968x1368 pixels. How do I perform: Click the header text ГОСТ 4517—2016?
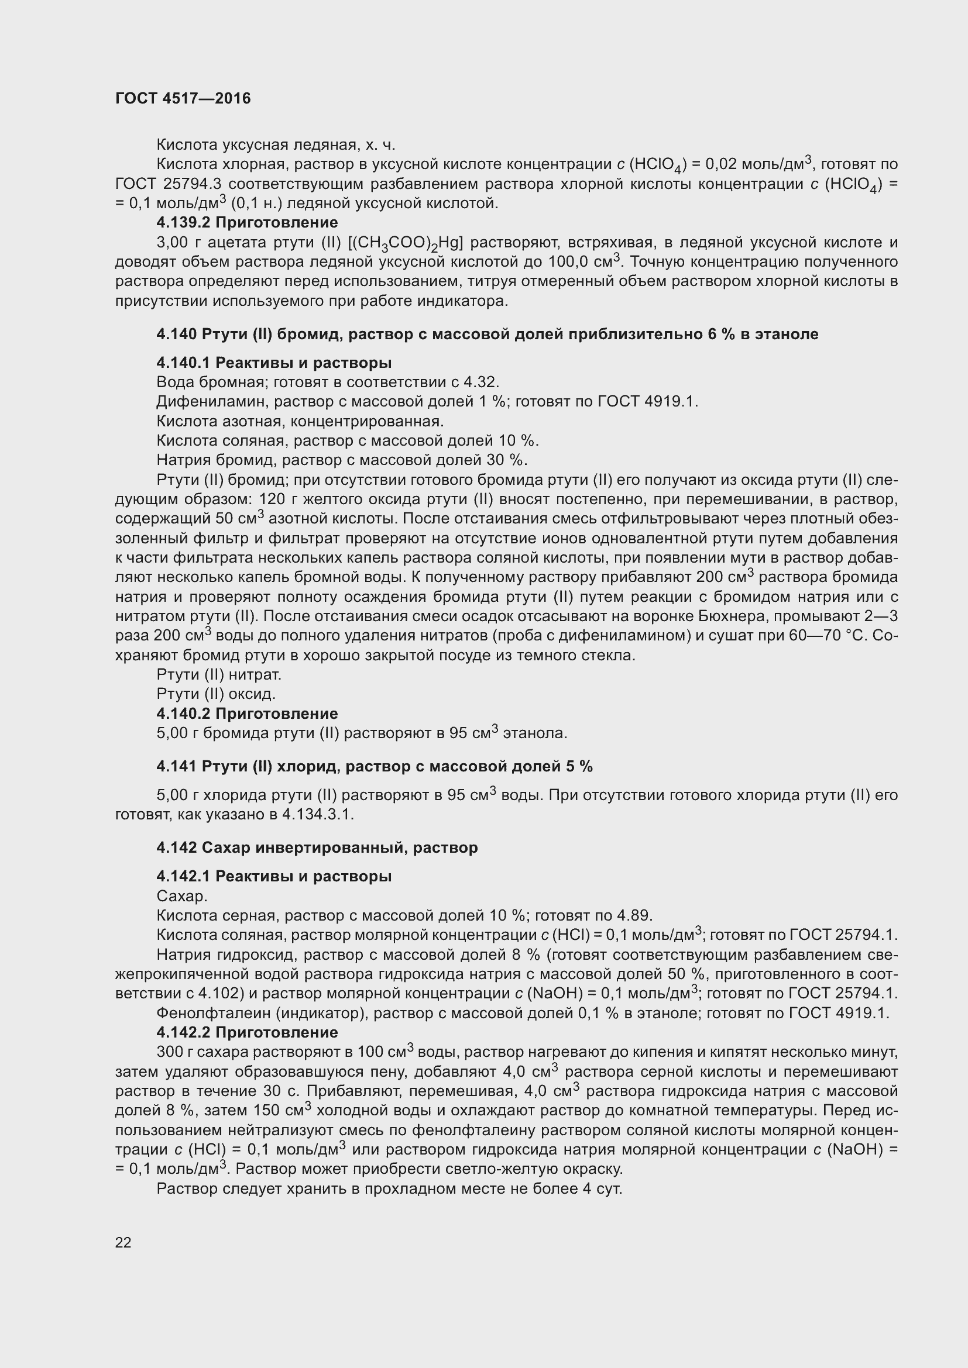(x=183, y=98)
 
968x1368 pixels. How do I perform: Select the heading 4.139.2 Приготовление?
(x=247, y=222)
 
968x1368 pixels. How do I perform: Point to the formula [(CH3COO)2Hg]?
(x=406, y=243)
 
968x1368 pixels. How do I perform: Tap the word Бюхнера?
(x=728, y=616)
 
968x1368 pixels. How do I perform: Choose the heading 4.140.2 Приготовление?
(x=247, y=713)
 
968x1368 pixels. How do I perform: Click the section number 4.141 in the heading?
(x=176, y=766)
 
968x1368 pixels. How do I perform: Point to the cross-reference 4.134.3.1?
(x=318, y=815)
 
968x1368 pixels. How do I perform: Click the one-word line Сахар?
(x=182, y=896)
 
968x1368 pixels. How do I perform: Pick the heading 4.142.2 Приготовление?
(x=247, y=1032)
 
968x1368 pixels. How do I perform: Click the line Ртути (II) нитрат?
(x=219, y=674)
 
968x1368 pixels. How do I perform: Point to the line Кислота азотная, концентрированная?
(x=300, y=421)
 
